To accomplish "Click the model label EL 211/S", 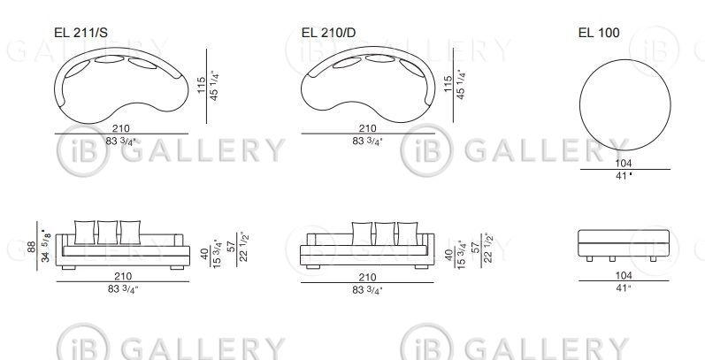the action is pos(80,33).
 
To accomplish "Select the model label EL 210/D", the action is pos(329,33).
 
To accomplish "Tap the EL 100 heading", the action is pos(599,33).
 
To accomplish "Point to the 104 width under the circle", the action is pos(624,163).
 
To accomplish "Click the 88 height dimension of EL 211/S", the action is pos(32,247).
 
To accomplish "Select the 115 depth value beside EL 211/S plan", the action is pos(202,86).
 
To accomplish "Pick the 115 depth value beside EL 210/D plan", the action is pos(448,85).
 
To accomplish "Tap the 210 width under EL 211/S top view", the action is pos(121,128).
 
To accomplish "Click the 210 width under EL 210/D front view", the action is pos(367,278).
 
